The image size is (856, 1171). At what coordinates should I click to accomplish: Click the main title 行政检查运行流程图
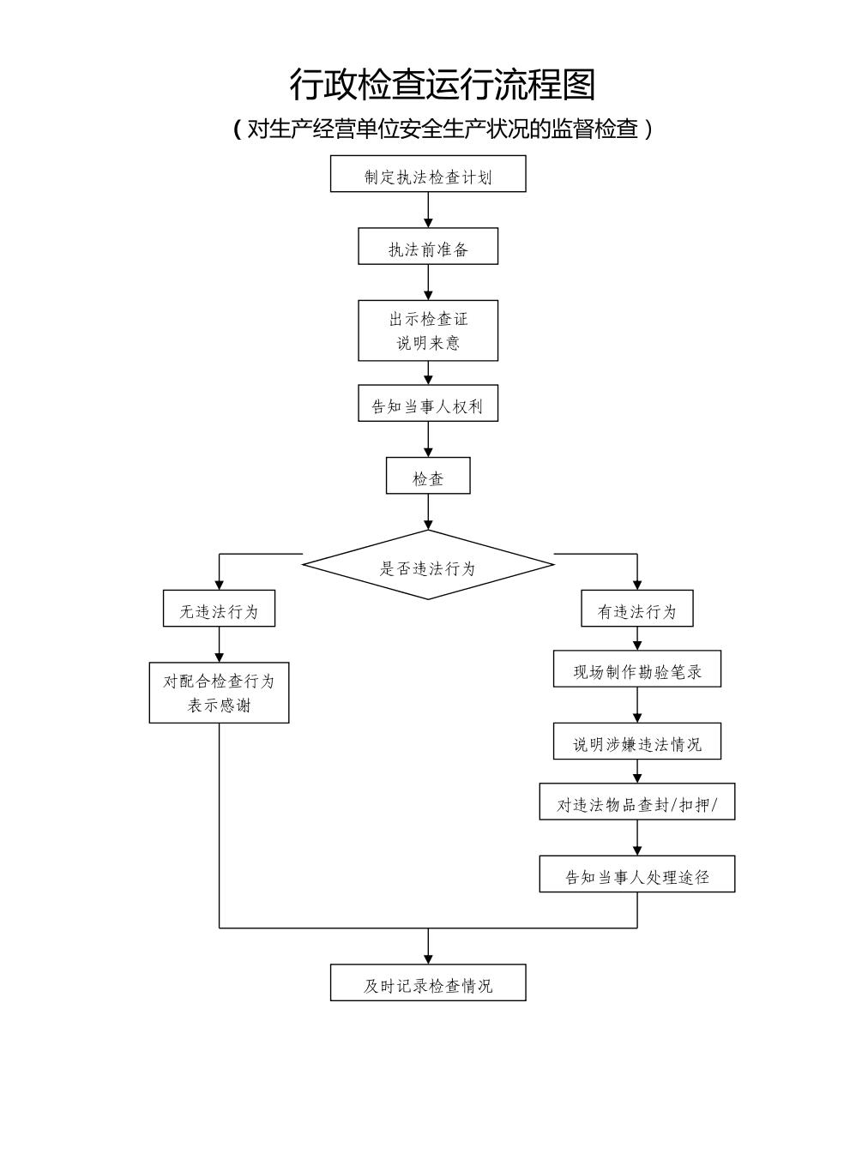pos(442,85)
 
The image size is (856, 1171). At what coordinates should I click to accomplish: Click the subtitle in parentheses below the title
pos(442,129)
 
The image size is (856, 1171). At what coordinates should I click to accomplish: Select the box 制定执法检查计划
pos(428,174)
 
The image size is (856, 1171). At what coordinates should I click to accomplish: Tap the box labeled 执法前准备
pos(428,246)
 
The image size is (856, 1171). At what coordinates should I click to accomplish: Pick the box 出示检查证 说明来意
pos(428,330)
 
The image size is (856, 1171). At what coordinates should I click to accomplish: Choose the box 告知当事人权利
pos(428,403)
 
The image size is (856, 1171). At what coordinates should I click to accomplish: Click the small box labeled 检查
pos(428,476)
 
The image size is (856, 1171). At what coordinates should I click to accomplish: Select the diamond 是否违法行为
pos(428,565)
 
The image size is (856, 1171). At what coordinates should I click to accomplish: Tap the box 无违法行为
pos(219,609)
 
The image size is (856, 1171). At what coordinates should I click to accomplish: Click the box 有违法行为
pos(637,609)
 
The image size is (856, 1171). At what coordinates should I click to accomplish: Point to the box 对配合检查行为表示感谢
pos(219,692)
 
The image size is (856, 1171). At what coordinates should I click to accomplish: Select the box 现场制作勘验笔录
pos(637,669)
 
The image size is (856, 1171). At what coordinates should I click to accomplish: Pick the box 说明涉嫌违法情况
pos(637,742)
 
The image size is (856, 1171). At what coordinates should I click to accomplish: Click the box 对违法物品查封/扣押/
pos(637,802)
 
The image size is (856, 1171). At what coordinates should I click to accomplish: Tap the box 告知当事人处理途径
pos(637,874)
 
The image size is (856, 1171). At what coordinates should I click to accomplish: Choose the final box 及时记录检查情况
pos(428,982)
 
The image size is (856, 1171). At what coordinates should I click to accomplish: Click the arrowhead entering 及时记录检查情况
pos(428,958)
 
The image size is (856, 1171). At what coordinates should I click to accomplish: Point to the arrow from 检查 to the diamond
pos(428,512)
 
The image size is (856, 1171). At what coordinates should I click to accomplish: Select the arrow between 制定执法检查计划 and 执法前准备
pos(428,210)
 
